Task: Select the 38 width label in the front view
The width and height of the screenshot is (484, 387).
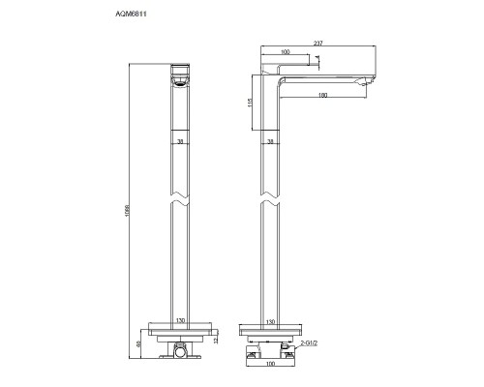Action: tap(179, 142)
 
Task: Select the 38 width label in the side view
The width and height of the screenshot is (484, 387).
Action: tap(271, 142)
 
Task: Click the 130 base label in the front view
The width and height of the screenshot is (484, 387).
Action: tap(179, 321)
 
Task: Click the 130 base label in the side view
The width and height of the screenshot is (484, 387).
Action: tap(271, 321)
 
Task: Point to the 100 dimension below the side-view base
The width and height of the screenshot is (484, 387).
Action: tap(271, 367)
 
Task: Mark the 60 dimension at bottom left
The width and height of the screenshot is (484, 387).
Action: tap(137, 342)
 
